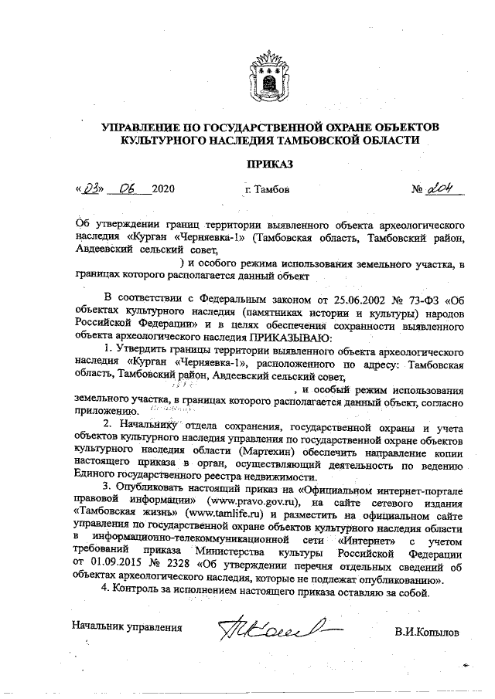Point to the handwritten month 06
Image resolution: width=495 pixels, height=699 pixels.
[128, 188]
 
